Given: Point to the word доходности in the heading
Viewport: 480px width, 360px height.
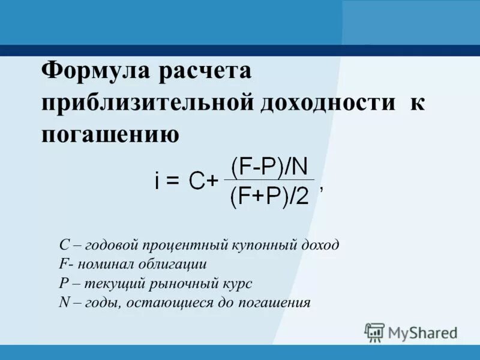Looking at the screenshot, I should [x=328, y=102].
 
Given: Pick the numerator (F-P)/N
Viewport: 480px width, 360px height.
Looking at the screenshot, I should [x=269, y=165].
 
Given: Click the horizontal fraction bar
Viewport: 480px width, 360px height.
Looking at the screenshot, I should [x=269, y=179].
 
